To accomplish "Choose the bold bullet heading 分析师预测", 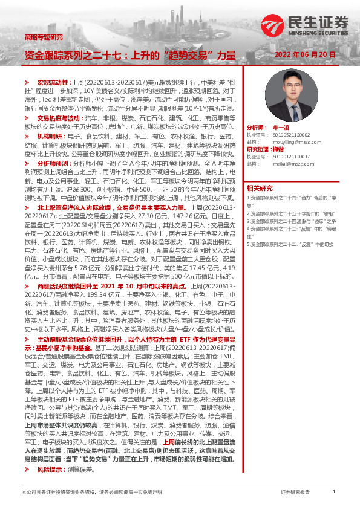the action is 55,163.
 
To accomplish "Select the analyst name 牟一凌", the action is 280,128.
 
